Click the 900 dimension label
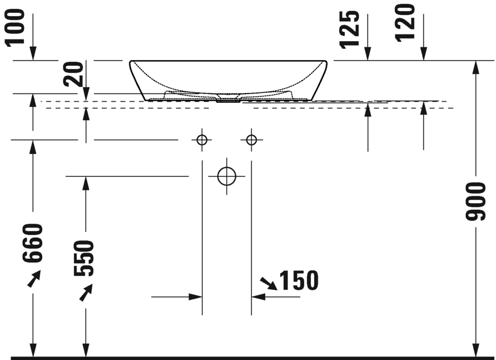(x=475, y=200)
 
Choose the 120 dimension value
(x=406, y=22)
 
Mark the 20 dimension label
(x=74, y=73)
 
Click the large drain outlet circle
(x=227, y=176)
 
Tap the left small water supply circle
(x=202, y=139)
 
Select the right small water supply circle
(x=251, y=139)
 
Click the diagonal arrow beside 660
(x=34, y=278)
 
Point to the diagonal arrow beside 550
(x=86, y=292)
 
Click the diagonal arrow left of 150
(x=269, y=283)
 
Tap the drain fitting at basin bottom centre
(x=227, y=101)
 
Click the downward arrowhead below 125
(x=368, y=54)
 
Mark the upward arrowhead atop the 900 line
(x=475, y=67)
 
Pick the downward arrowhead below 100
(x=33, y=54)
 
